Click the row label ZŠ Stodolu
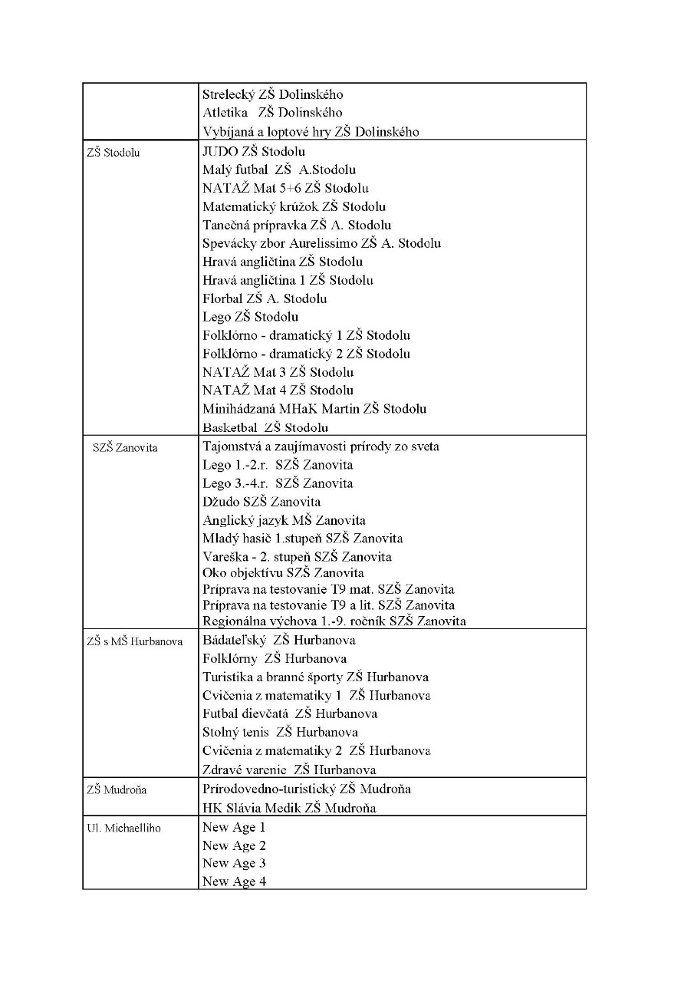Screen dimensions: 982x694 113,153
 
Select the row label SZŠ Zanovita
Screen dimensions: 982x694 125,448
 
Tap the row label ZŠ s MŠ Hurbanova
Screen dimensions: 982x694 135,641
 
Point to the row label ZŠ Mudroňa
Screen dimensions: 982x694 117,790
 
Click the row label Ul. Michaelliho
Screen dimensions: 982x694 123,829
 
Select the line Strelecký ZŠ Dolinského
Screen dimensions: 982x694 273,95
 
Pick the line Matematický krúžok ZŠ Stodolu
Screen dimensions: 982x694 294,206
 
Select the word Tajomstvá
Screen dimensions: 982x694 233,447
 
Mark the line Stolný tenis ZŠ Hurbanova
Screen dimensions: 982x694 280,732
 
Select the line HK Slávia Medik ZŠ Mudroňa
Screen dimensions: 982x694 289,808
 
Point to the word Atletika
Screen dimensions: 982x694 225,114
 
